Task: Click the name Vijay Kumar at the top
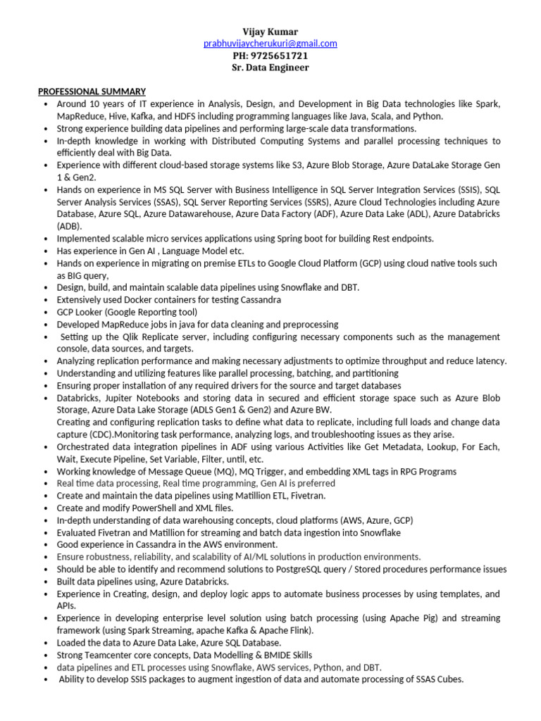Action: pos(270,32)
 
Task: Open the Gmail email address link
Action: pos(270,44)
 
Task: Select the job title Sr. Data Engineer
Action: pos(270,68)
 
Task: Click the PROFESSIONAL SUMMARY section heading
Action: pos(92,92)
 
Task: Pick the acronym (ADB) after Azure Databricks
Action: pos(69,226)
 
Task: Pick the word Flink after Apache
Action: pos(296,630)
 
